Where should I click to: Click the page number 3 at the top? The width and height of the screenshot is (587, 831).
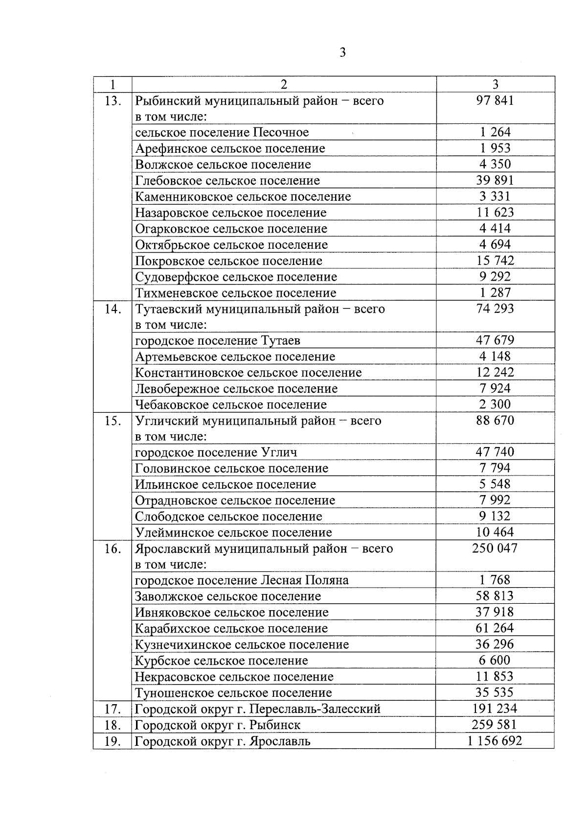click(342, 52)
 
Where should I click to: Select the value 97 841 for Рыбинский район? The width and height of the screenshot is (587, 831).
click(495, 101)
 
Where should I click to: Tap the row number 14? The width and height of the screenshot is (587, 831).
click(113, 309)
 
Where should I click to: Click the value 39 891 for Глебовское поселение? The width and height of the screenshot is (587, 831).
click(495, 180)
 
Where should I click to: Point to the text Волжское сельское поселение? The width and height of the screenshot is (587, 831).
click(223, 165)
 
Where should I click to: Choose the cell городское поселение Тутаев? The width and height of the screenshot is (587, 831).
click(218, 340)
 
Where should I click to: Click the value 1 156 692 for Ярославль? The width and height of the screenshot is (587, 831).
click(495, 741)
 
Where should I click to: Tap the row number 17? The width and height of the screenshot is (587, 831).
click(113, 709)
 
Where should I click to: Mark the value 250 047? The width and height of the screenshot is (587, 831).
click(495, 548)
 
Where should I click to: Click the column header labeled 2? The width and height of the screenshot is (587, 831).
click(284, 84)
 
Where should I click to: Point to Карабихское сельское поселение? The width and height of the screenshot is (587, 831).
click(231, 629)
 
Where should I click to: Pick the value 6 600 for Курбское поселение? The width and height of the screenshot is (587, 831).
click(495, 661)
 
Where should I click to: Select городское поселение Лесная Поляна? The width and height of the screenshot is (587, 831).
click(242, 581)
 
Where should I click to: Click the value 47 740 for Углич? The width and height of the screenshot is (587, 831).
click(495, 452)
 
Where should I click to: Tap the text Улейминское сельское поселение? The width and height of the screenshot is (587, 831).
click(233, 533)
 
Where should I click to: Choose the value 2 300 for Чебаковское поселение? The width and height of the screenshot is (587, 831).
click(495, 404)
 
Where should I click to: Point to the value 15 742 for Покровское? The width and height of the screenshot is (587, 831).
click(495, 261)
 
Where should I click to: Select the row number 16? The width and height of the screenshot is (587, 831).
click(113, 549)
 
